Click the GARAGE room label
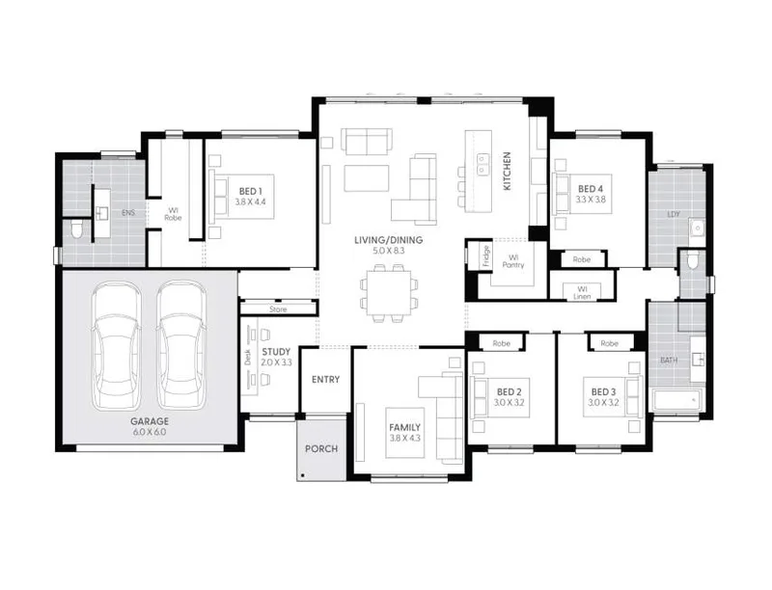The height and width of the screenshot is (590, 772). [x=150, y=421]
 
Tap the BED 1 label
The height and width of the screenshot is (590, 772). [x=251, y=191]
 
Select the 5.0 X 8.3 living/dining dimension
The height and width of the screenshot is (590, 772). [x=388, y=252]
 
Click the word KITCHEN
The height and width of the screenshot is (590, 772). [x=507, y=171]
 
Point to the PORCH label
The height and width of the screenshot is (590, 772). [x=321, y=449]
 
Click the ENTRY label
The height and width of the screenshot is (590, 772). [x=325, y=380]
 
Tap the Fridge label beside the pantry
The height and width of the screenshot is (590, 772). [x=486, y=255]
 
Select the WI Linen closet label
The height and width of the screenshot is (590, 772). [x=582, y=293]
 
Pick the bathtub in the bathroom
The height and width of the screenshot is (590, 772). [x=676, y=400]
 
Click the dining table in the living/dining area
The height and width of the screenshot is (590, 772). [x=389, y=294]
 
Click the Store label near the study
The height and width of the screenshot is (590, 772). [x=278, y=309]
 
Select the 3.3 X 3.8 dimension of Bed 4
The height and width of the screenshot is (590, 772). [x=591, y=200]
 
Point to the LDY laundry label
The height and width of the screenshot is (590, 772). [x=673, y=214]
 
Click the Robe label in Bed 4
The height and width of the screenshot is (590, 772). [x=582, y=259]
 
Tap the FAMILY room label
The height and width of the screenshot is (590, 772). [x=404, y=427]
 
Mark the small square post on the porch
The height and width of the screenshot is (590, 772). [x=302, y=475]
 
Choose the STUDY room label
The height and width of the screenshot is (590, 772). [x=276, y=352]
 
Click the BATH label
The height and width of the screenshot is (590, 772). [x=669, y=361]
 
